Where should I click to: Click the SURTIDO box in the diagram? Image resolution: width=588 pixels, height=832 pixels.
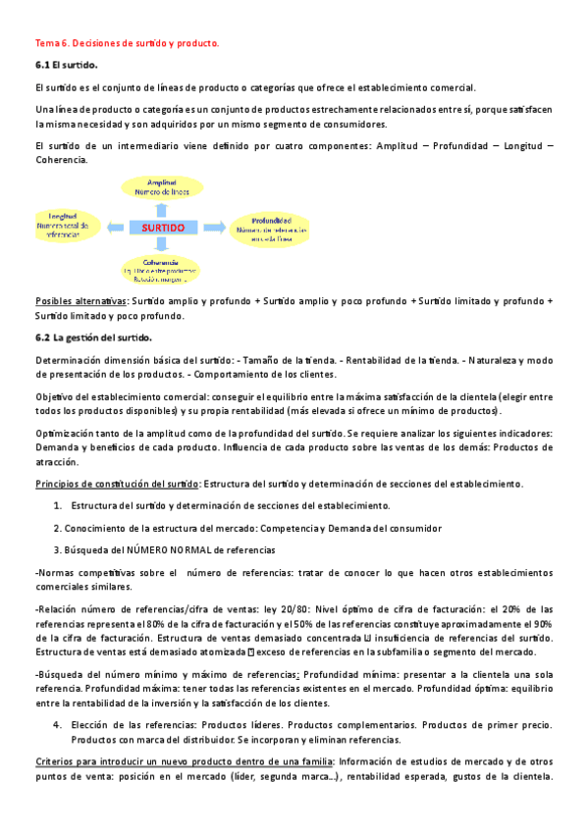coord(164,228)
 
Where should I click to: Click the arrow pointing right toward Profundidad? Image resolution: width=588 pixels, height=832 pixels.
coord(216,228)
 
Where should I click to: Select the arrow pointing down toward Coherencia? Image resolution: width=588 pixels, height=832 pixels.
coord(165,248)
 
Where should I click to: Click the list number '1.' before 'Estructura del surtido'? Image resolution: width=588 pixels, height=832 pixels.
coord(57,505)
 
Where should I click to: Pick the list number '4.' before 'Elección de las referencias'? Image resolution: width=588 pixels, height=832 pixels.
coord(57,724)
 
